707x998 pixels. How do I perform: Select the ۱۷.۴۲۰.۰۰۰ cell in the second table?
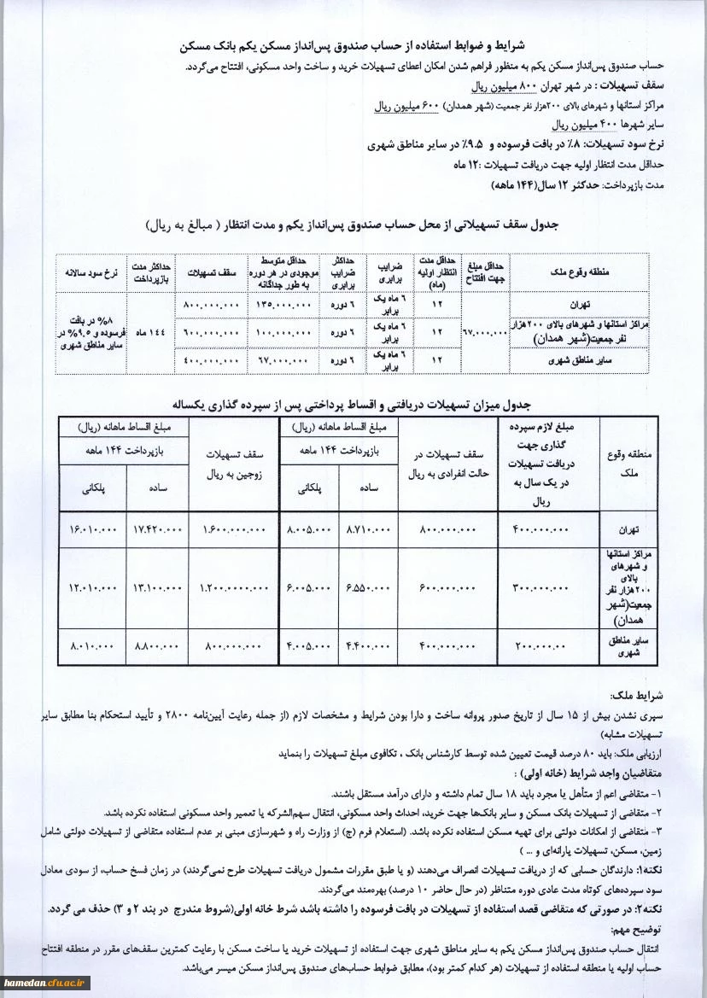click(158, 530)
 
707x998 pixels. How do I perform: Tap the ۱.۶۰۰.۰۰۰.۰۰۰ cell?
click(236, 530)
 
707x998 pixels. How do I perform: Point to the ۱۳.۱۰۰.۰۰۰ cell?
click(158, 588)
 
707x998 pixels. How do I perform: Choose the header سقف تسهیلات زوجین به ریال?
click(236, 463)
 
